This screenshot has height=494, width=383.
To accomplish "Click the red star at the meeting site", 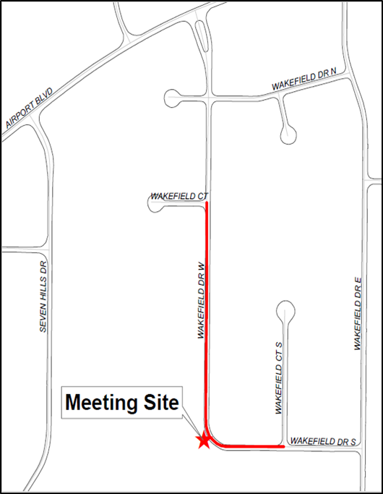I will [x=205, y=440].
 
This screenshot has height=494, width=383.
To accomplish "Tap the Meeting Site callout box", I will [x=122, y=403].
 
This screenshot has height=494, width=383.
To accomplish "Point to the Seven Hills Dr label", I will [x=43, y=296].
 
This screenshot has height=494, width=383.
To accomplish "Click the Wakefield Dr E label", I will [x=357, y=315].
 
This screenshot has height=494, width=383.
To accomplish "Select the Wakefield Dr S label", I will [x=323, y=440].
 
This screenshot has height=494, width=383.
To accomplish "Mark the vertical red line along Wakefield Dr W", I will [x=208, y=311].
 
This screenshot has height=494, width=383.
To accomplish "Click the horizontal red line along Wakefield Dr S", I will [x=249, y=446].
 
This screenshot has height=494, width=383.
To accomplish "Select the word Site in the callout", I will [x=160, y=403].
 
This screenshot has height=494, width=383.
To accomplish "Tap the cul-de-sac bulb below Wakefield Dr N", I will [x=288, y=133].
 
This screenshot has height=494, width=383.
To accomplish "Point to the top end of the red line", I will [x=208, y=204].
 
